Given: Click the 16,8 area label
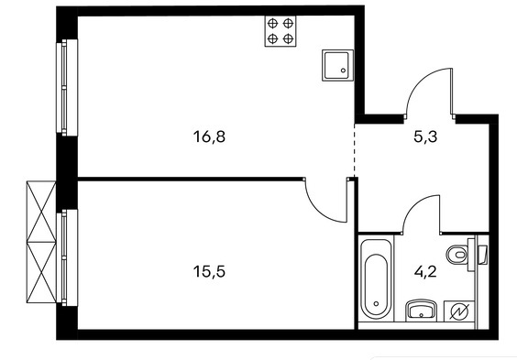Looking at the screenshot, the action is click(209, 136).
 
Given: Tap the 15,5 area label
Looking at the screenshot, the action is click(209, 272).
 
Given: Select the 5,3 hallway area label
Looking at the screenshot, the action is click(425, 136).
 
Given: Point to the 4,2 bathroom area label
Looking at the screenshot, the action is click(425, 272).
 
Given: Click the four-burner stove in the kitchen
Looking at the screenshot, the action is click(280, 31).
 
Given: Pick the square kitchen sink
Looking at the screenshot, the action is click(337, 65).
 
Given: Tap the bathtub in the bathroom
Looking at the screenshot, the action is click(376, 279).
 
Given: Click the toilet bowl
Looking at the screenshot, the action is click(457, 255).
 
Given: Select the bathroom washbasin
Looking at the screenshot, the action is click(421, 310).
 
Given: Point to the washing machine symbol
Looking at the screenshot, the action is click(460, 311).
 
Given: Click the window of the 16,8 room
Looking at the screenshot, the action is click(67, 88).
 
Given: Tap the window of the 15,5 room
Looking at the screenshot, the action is click(67, 257).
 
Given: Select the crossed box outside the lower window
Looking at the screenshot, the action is click(41, 242).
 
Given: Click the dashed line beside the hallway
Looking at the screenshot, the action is click(355, 149).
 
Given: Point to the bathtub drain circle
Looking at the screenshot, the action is click(376, 304).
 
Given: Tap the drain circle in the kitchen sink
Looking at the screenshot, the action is click(343, 71).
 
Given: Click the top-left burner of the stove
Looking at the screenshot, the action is click(272, 23).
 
